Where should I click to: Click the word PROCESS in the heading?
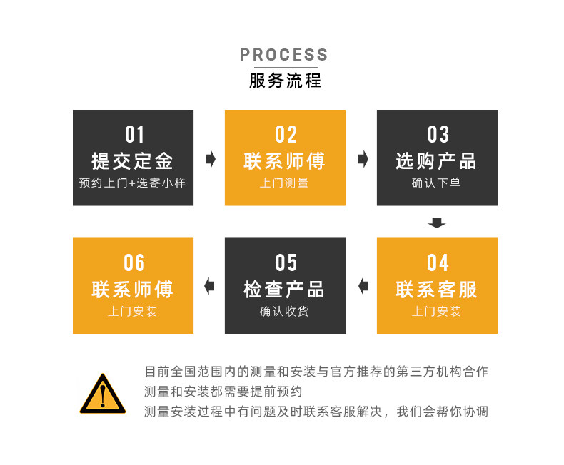[284, 55]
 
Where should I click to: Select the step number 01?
[134, 135]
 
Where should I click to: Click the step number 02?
[286, 135]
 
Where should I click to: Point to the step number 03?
[438, 135]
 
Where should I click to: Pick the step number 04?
[438, 262]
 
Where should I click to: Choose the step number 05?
[286, 262]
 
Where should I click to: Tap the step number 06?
[134, 262]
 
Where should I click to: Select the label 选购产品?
[437, 160]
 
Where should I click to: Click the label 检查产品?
[285, 289]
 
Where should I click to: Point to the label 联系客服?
[437, 289]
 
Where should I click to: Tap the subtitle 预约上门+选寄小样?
[133, 183]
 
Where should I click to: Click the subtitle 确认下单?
[437, 183]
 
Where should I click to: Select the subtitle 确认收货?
[285, 311]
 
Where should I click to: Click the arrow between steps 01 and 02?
[210, 159]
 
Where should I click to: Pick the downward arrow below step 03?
[437, 223]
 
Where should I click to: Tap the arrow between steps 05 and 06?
[209, 287]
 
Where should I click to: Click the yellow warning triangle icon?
[103, 394]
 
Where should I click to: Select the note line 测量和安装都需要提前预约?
[223, 392]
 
